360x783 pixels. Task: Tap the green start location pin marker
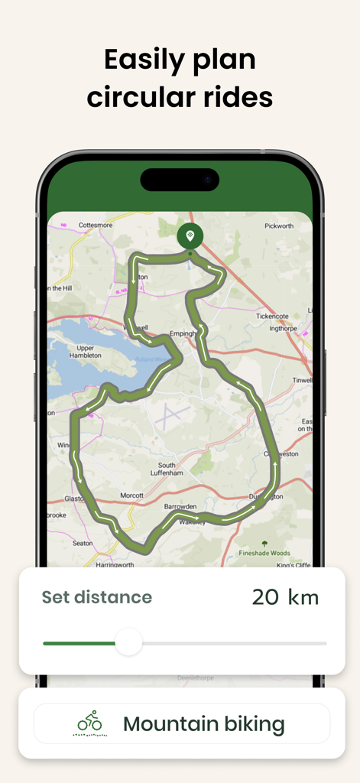click(190, 236)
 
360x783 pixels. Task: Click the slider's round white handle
click(128, 642)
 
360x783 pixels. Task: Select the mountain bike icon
click(90, 723)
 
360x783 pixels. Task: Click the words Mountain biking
click(203, 724)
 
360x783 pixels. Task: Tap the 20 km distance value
click(285, 597)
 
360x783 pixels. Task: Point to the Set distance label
click(96, 597)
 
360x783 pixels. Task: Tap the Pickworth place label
click(278, 226)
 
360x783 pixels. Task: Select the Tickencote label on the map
click(276, 316)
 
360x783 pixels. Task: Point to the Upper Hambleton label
click(85, 351)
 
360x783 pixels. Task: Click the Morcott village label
click(131, 495)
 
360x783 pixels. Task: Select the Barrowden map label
click(180, 506)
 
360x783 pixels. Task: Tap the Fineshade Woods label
click(265, 552)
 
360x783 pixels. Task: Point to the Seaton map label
click(83, 543)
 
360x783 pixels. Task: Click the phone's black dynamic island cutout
click(180, 180)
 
